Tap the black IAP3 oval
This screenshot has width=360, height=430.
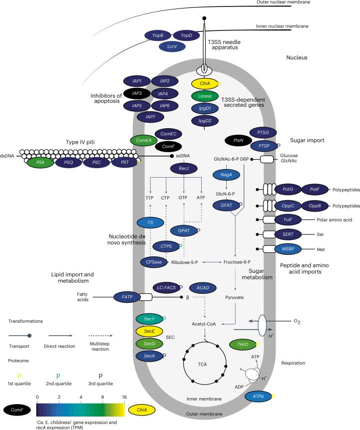(x=137, y=93)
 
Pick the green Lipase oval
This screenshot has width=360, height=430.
(x=205, y=96)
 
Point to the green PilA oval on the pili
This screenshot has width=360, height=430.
(x=37, y=162)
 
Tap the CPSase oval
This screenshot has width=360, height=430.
(x=154, y=262)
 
